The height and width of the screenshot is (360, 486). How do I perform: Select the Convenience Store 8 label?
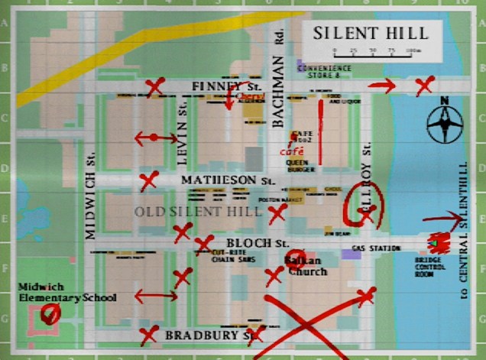[x=324, y=71]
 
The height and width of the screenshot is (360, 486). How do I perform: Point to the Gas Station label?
[x=376, y=248]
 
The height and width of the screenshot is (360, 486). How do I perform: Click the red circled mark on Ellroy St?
[x=364, y=203]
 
